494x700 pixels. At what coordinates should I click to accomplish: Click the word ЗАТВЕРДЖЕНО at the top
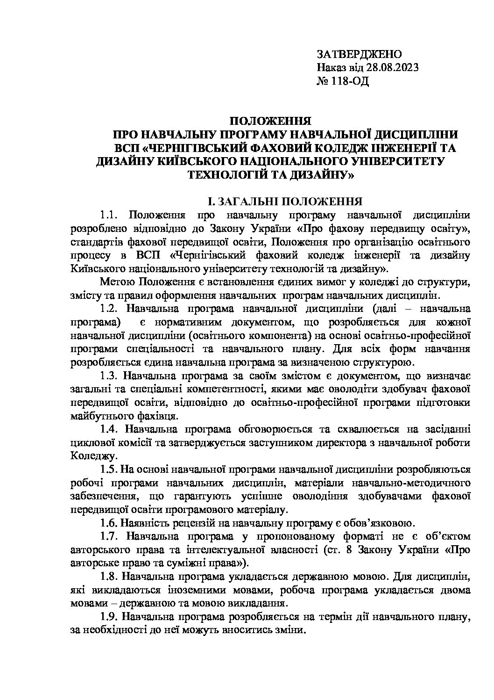pyautogui.click(x=358, y=54)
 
